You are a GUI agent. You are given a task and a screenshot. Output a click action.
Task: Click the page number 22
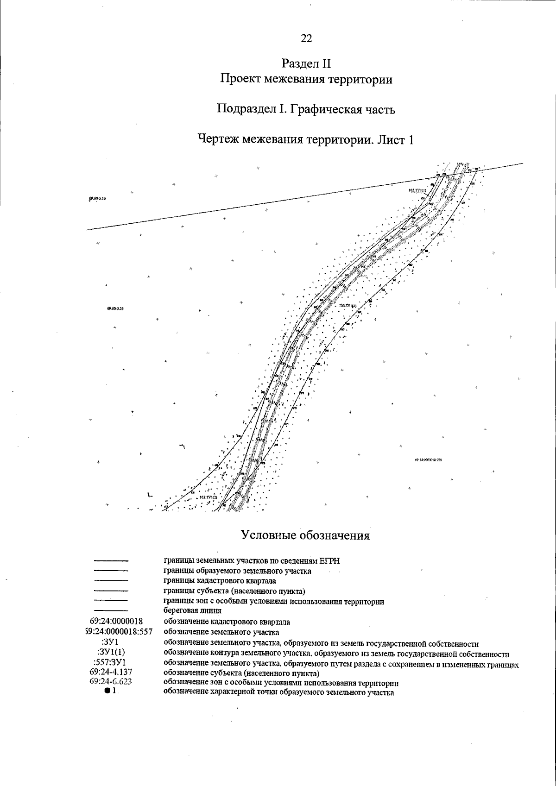(306, 38)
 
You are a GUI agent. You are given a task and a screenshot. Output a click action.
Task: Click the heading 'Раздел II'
(306, 63)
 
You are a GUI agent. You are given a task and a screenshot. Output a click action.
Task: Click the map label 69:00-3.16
(97, 198)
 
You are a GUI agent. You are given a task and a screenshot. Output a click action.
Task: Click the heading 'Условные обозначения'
(305, 535)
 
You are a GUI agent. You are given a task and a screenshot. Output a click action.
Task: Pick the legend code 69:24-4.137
(112, 672)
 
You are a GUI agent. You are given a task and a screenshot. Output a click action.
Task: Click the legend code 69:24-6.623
(112, 681)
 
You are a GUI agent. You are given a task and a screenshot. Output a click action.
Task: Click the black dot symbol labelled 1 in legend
(107, 691)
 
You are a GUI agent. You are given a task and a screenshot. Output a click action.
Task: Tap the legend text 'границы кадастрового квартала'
(220, 581)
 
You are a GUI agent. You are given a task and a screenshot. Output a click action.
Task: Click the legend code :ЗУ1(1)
(111, 652)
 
